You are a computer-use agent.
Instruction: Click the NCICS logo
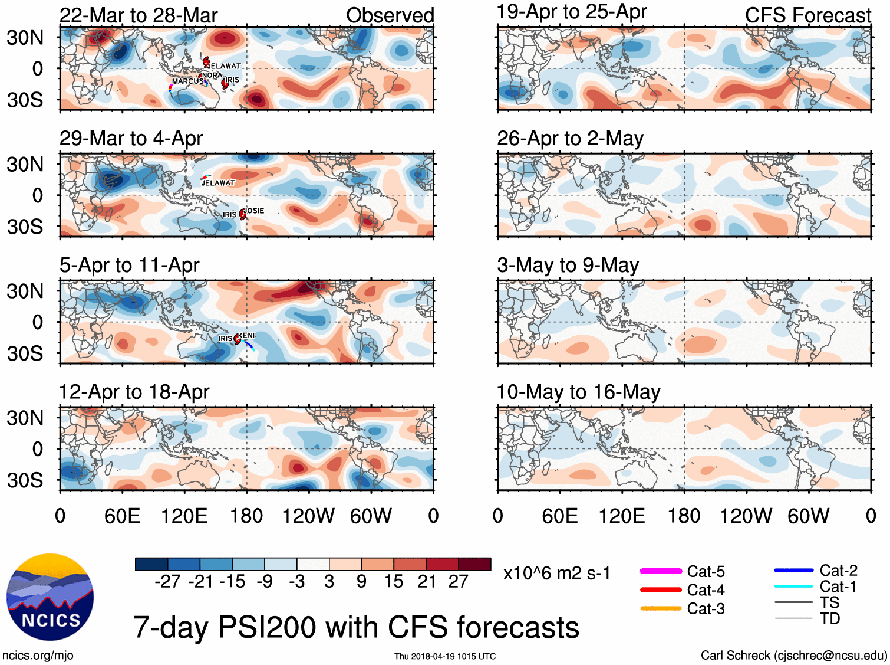pos(50,597)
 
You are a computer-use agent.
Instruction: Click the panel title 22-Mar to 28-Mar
pos(139,15)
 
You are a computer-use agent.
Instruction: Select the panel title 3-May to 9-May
pos(568,266)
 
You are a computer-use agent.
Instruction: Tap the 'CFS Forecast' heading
pos(807,15)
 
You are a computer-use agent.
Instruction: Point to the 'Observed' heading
pos(390,15)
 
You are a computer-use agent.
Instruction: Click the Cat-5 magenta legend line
pos(661,571)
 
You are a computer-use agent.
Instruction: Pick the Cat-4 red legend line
pos(661,589)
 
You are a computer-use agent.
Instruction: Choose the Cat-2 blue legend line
pos(793,571)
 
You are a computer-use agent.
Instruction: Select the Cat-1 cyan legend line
pos(793,587)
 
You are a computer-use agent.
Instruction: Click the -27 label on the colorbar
pos(167,582)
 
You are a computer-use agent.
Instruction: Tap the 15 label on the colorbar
pos(394,582)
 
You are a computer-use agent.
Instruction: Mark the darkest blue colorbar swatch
pos(151,564)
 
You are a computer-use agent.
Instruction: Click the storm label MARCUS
pos(187,81)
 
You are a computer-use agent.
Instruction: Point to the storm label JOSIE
pos(254,211)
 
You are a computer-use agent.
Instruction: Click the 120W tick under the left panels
pos(308,516)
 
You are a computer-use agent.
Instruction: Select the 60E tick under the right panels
pos(559,516)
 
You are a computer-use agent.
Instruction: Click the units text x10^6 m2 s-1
pos(557,574)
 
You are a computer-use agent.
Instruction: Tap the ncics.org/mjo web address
pos(38,655)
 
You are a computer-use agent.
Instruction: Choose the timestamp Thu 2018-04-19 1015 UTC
pos(445,656)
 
